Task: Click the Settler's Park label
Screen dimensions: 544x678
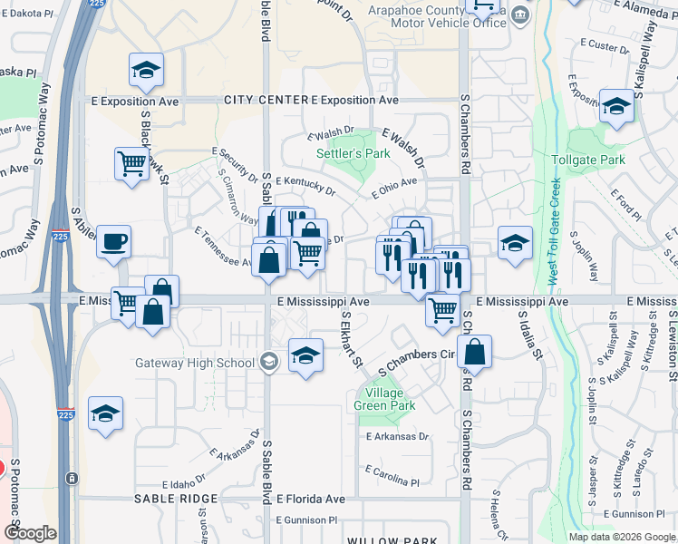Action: [x=354, y=153]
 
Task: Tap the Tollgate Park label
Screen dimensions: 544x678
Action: [x=588, y=160]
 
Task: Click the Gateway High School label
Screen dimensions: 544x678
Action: [x=195, y=363]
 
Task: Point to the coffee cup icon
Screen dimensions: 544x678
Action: [x=114, y=242]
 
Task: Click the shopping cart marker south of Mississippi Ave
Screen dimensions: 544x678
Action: [x=442, y=310]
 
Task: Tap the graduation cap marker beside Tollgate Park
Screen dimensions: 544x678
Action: [x=616, y=105]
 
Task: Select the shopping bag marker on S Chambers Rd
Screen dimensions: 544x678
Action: [x=473, y=352]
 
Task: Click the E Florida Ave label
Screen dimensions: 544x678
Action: [x=311, y=499]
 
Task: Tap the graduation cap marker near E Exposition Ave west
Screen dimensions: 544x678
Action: [x=144, y=69]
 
